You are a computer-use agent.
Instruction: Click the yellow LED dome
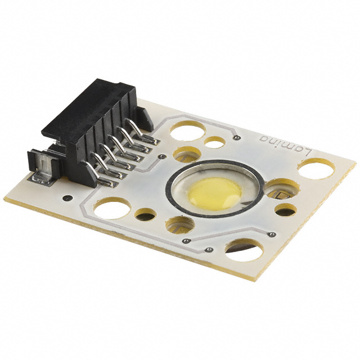tap(215, 193)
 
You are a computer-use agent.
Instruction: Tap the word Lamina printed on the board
tap(286, 146)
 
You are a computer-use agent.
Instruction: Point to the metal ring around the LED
tap(215, 188)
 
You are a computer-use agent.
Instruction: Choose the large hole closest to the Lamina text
tap(316, 169)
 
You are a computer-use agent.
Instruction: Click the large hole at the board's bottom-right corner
tap(244, 250)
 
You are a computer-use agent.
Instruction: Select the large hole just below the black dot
tap(112, 209)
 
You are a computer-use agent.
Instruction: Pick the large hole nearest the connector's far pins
tap(188, 131)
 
